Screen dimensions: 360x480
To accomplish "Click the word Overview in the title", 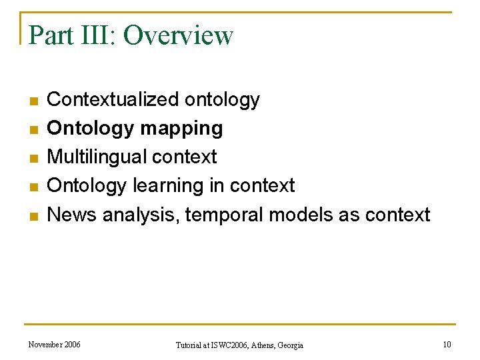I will pos(178,35).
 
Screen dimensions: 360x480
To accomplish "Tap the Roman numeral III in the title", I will pos(92,35).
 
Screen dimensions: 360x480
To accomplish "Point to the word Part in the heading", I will pos(49,35).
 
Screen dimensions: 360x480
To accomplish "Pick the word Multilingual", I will pos(97,157).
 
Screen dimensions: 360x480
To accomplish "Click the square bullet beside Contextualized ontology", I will pos(33,101).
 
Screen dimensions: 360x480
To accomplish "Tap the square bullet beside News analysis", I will pos(33,216).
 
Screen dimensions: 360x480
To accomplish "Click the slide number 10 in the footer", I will pos(447,344).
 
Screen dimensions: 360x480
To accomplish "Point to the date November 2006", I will pos(55,344).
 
